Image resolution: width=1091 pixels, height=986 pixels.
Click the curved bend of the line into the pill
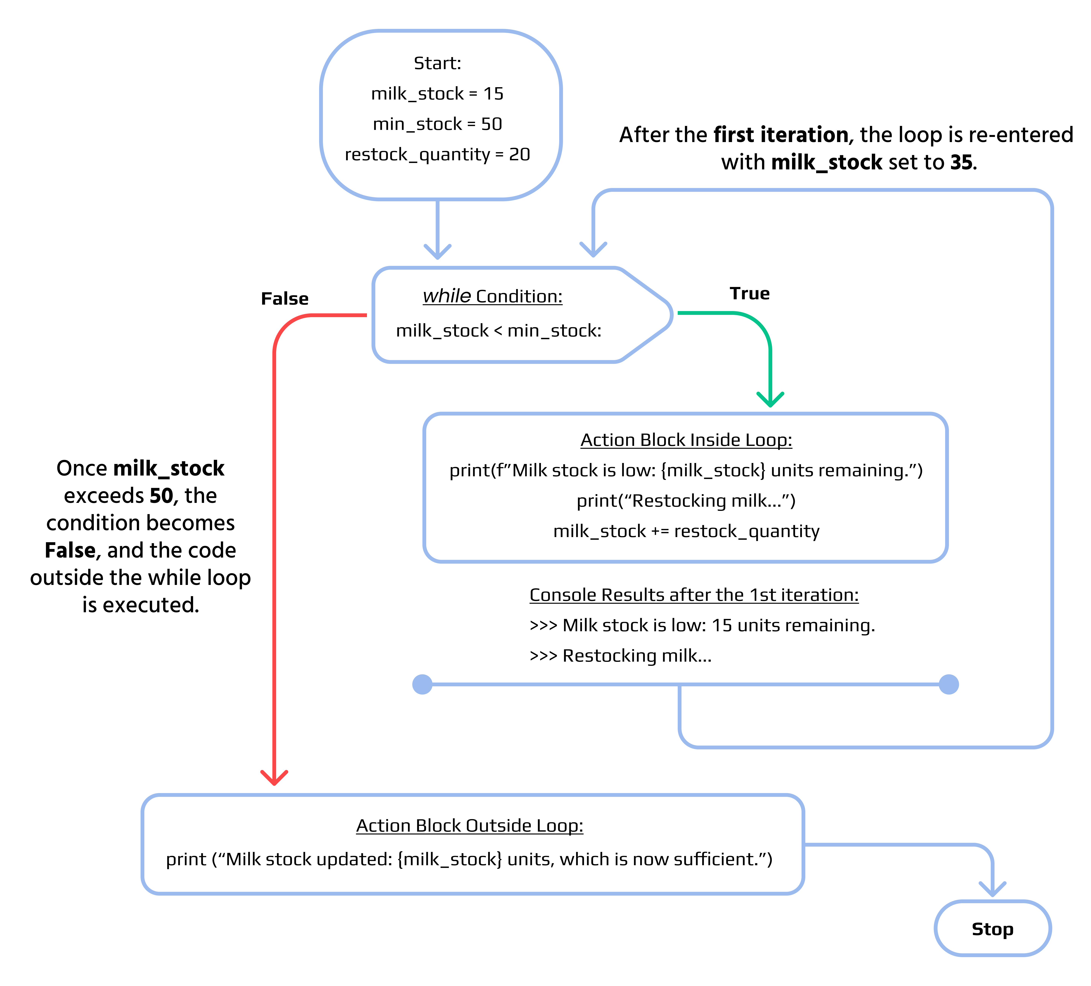point(986,851)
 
